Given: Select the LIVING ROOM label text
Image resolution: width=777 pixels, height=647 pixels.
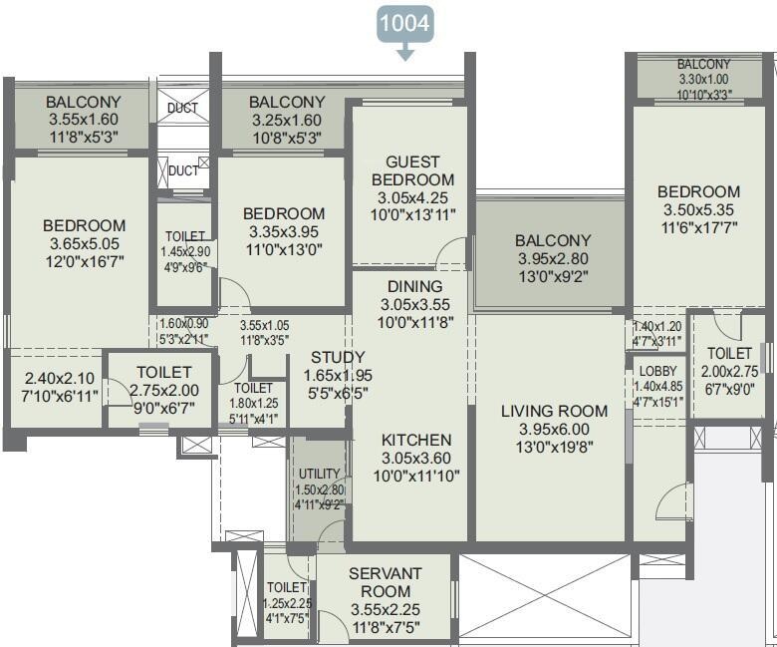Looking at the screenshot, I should pos(554,411).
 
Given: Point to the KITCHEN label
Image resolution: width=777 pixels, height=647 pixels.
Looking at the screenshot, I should pos(416,440).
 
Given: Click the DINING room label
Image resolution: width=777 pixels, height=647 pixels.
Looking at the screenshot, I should pos(408,286).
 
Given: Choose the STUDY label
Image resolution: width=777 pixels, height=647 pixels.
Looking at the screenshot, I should pos(338,358).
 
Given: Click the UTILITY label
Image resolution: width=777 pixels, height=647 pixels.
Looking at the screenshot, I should pos(319,474).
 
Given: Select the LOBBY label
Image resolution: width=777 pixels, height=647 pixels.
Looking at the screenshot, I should pos(649,372).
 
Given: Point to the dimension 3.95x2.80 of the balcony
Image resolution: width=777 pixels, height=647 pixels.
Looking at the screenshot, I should pos(553,259).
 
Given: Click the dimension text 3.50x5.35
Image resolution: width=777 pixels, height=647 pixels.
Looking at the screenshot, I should pos(698,210).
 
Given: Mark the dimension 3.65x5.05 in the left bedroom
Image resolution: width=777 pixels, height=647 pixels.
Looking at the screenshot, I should pos(84,244).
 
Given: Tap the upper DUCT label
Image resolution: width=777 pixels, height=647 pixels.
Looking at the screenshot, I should pos(182,108).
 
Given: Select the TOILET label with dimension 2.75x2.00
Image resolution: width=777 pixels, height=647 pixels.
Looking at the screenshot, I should pos(163,372).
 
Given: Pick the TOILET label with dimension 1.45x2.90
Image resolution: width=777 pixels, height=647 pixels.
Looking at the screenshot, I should pos(185,236).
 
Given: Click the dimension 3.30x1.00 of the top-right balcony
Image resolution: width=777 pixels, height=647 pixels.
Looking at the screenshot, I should pos(704,80).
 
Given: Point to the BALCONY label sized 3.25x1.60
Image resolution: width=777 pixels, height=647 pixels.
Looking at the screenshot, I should pos(287,102).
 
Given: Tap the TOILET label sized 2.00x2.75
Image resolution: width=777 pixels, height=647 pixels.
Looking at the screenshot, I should pos(730,354).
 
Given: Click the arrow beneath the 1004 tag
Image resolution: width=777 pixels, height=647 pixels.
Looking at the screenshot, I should pos(404,55).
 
